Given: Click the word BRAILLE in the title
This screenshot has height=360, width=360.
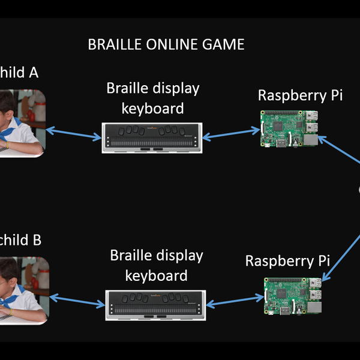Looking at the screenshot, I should pos(115,44).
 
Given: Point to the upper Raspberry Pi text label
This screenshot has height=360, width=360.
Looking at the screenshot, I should pos(300,95).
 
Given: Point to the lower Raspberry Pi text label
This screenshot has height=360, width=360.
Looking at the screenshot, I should pos(288,262).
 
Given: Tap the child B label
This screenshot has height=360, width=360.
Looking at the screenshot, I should pos(21,240).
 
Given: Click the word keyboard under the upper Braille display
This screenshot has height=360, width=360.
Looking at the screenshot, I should pos(153,108).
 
